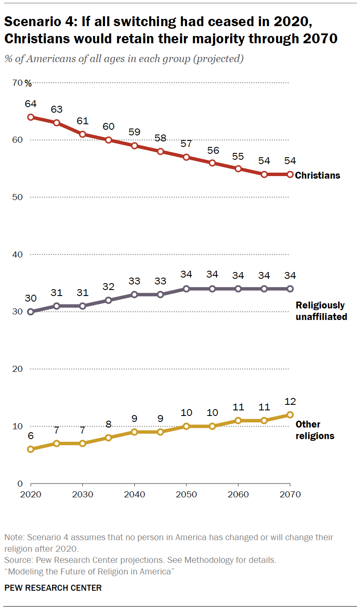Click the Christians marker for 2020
click(x=30, y=117)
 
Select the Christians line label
click(x=318, y=175)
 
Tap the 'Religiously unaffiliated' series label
click(x=321, y=311)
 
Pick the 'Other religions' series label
click(x=315, y=430)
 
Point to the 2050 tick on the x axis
click(x=186, y=494)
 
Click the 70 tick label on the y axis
click(x=18, y=83)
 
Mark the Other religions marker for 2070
click(x=290, y=415)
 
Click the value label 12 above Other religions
click(x=290, y=402)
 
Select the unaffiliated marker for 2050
click(x=186, y=289)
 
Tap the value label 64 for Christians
click(x=30, y=104)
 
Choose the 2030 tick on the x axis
click(x=82, y=494)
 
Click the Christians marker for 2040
click(x=134, y=146)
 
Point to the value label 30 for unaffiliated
click(x=30, y=299)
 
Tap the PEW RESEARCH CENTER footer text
click(x=53, y=588)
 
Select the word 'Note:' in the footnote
click(x=15, y=537)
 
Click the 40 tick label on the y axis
click(x=17, y=254)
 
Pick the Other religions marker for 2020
click(x=30, y=449)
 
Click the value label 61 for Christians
click(x=82, y=121)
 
